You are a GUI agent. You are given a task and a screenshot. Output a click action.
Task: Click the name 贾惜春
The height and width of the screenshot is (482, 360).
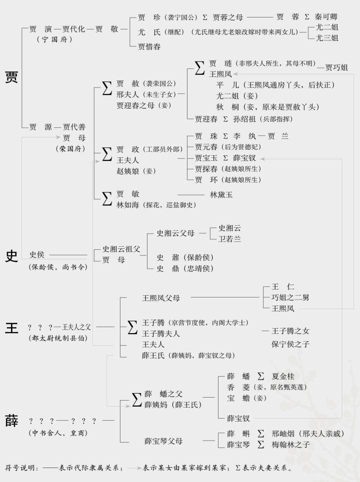tap(149, 47)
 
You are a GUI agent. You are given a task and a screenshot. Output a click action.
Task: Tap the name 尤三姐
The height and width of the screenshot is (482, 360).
tap(327, 37)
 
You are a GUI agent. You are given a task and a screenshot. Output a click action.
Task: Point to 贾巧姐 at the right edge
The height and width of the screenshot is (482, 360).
tap(336, 67)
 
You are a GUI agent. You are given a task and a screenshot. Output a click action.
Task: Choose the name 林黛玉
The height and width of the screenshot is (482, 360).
tap(221, 195)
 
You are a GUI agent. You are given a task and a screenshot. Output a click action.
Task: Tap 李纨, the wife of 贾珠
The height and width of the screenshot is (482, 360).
tap(243, 136)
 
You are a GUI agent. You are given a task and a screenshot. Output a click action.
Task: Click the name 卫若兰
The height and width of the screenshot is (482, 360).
tap(229, 239)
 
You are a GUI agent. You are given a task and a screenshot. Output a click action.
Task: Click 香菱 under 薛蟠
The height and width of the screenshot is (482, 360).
tap(238, 387)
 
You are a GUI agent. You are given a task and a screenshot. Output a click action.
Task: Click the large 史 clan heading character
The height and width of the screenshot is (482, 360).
tap(11, 256)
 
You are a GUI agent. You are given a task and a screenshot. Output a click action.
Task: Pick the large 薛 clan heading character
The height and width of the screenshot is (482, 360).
tap(11, 421)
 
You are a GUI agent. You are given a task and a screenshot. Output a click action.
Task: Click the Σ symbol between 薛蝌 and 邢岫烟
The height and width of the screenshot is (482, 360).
tap(261, 433)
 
